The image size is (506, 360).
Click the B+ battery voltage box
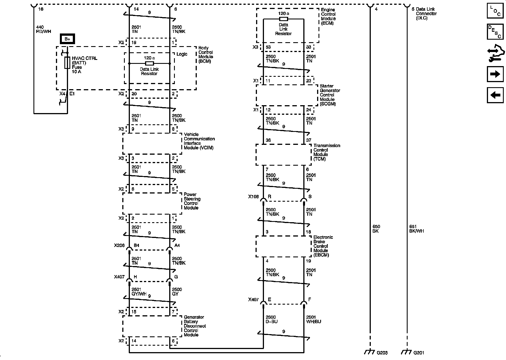coord(67,39)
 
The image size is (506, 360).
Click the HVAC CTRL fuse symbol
coord(67,63)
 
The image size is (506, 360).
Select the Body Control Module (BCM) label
coord(205,55)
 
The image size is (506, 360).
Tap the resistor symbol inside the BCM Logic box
coord(149,63)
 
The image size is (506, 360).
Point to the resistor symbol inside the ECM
coord(283,19)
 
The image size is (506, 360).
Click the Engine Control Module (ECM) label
coord(328,16)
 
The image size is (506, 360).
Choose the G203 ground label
coord(382,352)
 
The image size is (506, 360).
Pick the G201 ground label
coord(419,352)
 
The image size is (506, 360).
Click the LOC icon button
coord(495,11)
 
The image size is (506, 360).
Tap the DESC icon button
coord(495,32)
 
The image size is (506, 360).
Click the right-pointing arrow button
coord(495,74)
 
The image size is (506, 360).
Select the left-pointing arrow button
coord(495,95)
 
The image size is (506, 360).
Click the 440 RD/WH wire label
coord(44,29)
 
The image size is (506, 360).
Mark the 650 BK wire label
coord(376,229)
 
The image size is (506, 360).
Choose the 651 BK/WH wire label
coord(416,229)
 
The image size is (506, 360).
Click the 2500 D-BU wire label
coord(272,319)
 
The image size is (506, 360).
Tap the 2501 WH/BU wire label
coord(313,319)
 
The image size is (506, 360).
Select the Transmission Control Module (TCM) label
coord(327,152)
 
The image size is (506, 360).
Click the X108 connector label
coord(253,197)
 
